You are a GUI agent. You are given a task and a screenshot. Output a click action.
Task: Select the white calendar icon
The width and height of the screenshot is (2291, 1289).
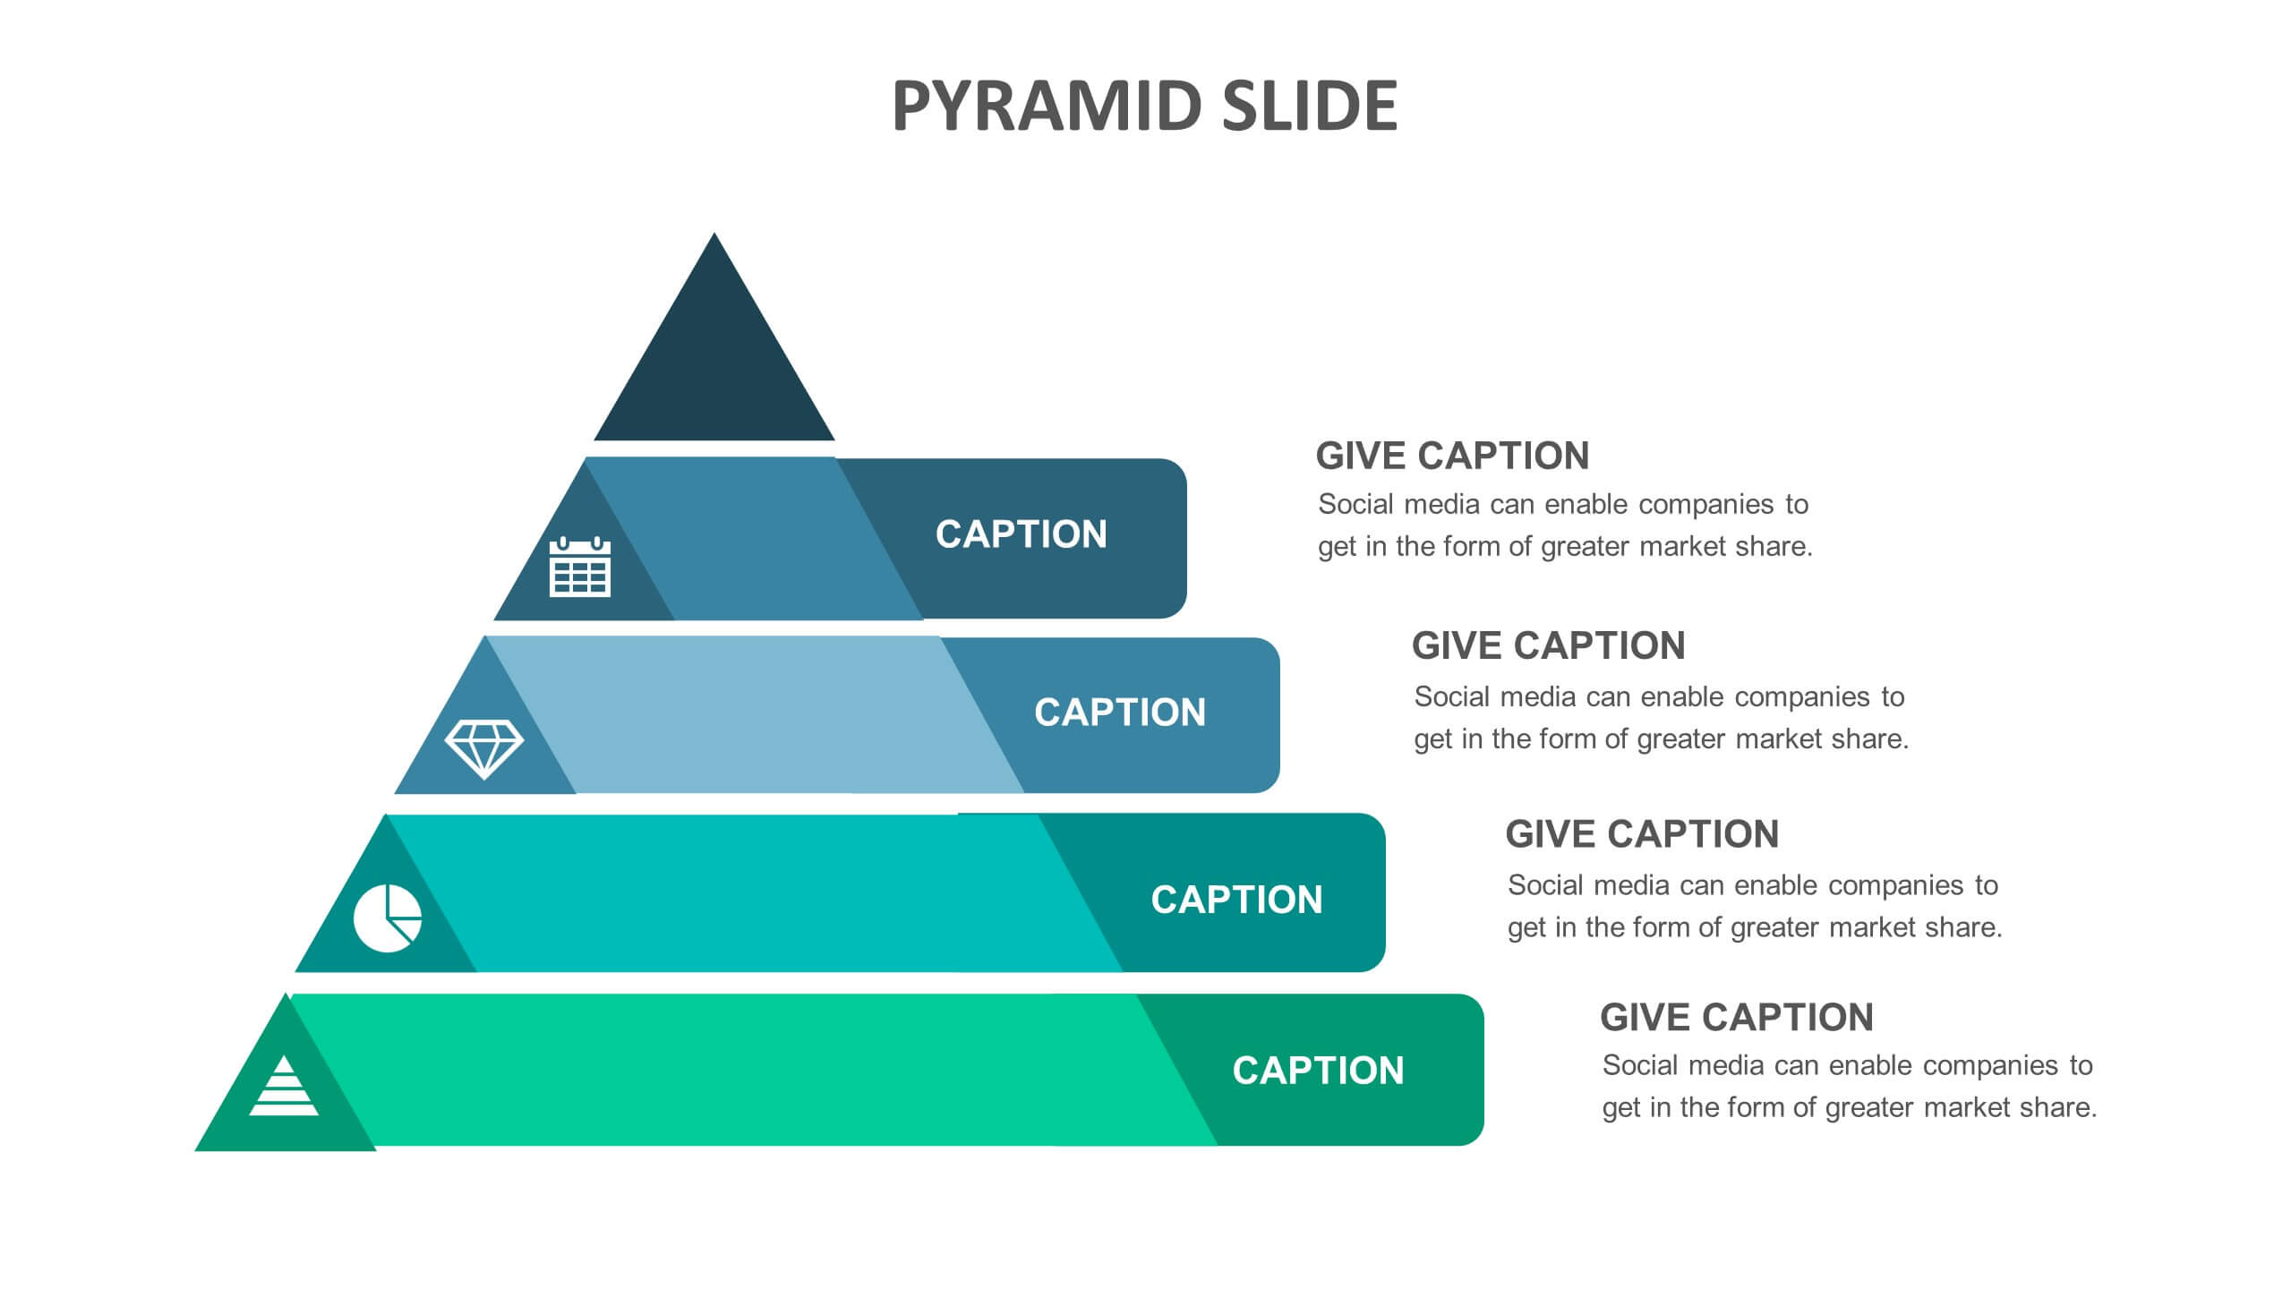click(580, 567)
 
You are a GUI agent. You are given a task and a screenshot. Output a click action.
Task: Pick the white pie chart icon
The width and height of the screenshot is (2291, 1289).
click(388, 918)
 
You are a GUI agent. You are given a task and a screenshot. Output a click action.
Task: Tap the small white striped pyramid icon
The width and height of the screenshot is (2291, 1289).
click(284, 1085)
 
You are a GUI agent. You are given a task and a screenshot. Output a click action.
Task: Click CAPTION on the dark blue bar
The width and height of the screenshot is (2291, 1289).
click(1022, 534)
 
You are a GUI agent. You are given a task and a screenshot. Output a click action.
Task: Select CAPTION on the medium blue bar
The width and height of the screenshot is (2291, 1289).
click(1120, 713)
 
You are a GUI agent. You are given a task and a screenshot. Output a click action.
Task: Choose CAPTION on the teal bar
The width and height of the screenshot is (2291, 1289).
click(1236, 900)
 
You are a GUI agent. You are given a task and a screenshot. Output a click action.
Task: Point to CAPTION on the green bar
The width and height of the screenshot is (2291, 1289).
click(1318, 1071)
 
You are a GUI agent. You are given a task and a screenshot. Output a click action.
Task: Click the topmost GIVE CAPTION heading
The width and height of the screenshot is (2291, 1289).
click(1452, 456)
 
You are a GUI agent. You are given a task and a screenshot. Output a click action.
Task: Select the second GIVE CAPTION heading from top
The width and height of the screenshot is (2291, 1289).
click(1548, 645)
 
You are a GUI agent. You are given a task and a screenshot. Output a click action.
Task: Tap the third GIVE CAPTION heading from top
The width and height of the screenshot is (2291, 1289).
click(1642, 834)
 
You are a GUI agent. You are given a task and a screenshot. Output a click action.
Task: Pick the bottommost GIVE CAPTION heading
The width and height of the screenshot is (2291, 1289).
click(1736, 1018)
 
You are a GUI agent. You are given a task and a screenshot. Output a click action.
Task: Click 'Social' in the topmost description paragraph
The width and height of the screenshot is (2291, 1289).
click(1355, 504)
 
